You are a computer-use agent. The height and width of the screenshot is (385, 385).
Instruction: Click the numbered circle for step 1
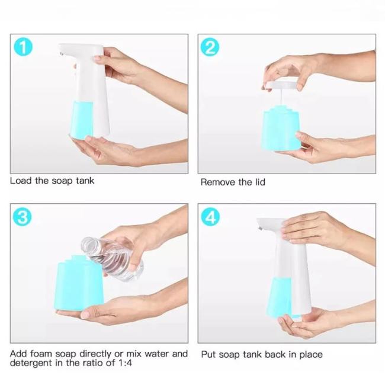[23, 47]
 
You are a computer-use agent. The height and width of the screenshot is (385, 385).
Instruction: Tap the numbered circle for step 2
[210, 47]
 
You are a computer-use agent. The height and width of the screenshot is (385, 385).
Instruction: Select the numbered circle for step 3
[23, 217]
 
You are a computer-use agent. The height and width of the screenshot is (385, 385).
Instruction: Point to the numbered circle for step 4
[210, 217]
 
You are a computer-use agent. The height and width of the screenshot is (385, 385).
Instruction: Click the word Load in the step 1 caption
[21, 181]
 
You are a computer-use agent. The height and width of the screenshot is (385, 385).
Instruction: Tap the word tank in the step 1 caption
[85, 181]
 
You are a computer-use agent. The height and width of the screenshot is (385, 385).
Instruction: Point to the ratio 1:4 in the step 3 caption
[124, 363]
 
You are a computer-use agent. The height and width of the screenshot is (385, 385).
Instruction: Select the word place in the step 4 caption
[311, 355]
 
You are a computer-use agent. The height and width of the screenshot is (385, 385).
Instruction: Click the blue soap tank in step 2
[281, 130]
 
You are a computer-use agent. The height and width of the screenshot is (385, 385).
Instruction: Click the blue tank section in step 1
[82, 120]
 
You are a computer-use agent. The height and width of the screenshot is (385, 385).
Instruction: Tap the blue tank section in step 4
[280, 297]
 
